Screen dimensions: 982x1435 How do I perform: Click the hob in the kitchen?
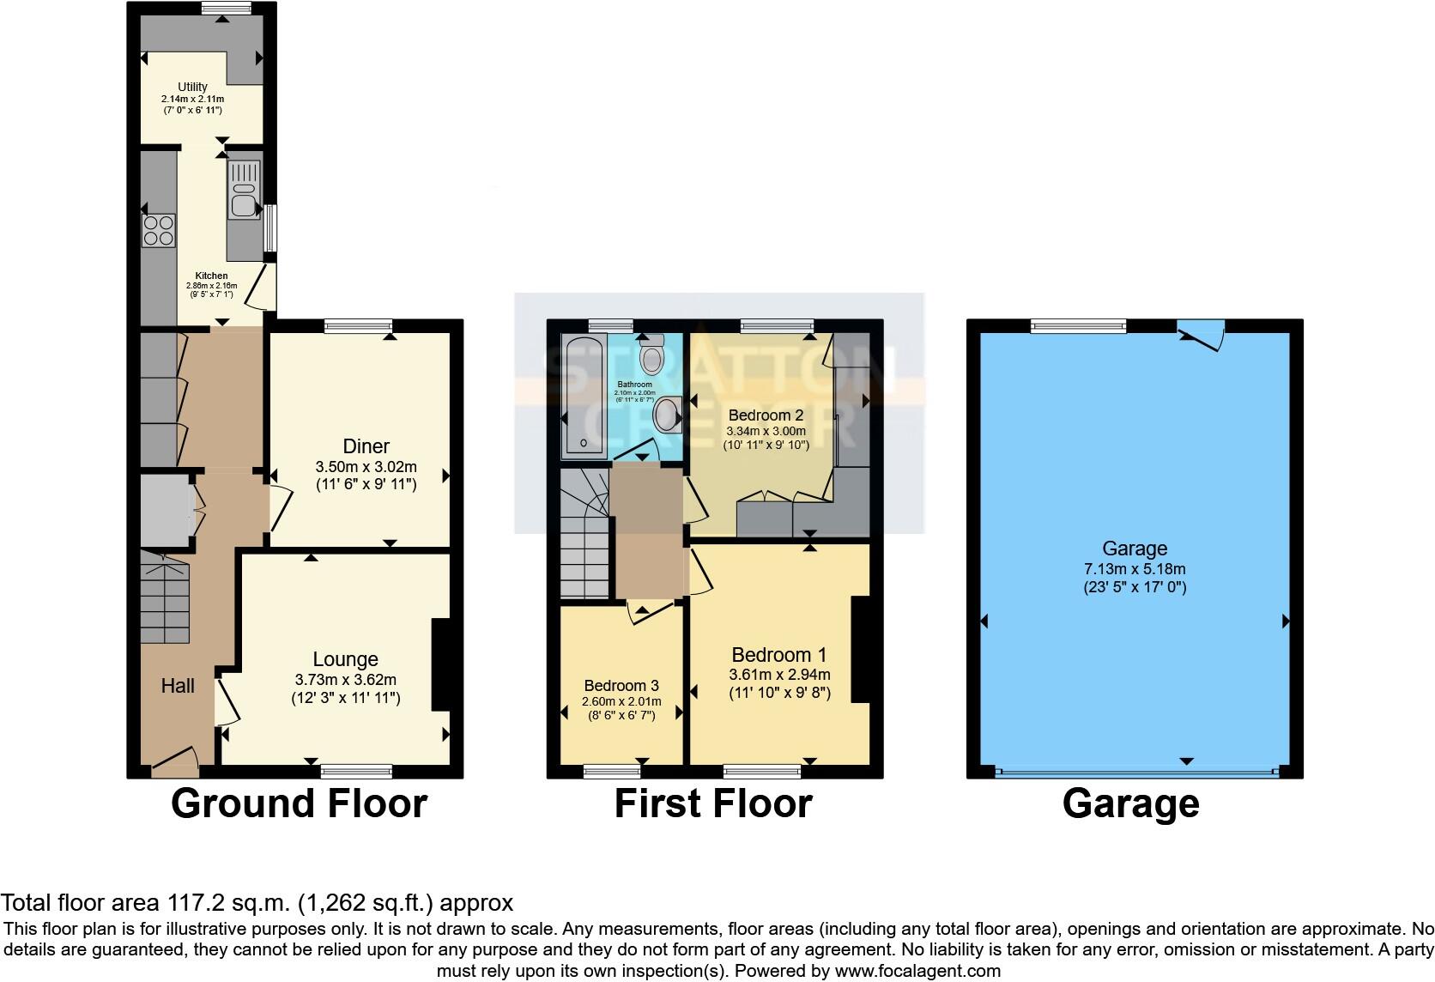coord(159,229)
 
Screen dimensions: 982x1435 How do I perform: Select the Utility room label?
coord(192,87)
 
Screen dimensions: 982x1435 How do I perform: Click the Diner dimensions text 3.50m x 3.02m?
coord(366,467)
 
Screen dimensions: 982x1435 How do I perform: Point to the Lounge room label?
coord(345,659)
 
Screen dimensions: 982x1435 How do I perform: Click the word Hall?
coord(178,685)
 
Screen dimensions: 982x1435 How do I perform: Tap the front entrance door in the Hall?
coord(175,761)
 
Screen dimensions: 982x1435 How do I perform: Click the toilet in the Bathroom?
coord(653,354)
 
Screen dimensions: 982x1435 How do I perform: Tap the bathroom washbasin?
coord(667,417)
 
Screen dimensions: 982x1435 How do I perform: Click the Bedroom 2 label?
coord(766,415)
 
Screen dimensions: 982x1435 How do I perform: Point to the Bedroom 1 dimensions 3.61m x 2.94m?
coord(779,675)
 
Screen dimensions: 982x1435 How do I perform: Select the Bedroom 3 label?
coord(621,685)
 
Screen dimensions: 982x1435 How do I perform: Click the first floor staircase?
coord(584,532)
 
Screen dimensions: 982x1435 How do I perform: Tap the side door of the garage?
coord(1202,336)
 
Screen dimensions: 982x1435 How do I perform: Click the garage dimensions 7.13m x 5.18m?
coord(1135,568)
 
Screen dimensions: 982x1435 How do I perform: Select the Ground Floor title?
coord(299,803)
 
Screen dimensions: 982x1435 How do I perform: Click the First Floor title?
coord(712,803)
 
